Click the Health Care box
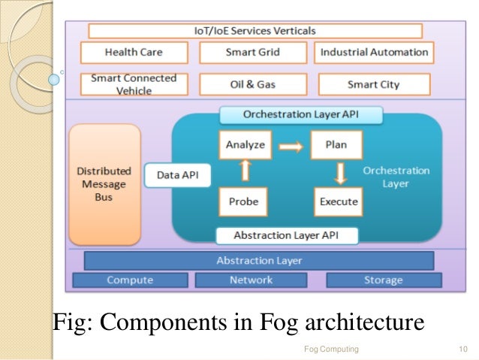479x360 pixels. tap(133, 53)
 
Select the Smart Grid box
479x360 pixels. tap(253, 53)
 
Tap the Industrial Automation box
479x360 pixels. tap(374, 53)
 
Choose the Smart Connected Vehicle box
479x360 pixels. tap(133, 84)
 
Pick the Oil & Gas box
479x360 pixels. tap(253, 84)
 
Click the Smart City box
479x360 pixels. tap(374, 84)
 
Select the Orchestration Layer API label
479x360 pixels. tap(301, 115)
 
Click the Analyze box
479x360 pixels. tap(246, 144)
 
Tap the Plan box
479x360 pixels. tap(336, 144)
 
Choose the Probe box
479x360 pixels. tap(244, 202)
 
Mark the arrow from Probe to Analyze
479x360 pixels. tap(245, 174)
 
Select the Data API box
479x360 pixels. tap(178, 176)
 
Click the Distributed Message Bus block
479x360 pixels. tap(104, 183)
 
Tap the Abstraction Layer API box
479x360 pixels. tap(286, 235)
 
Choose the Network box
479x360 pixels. tap(251, 280)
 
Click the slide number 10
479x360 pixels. tap(462, 349)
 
